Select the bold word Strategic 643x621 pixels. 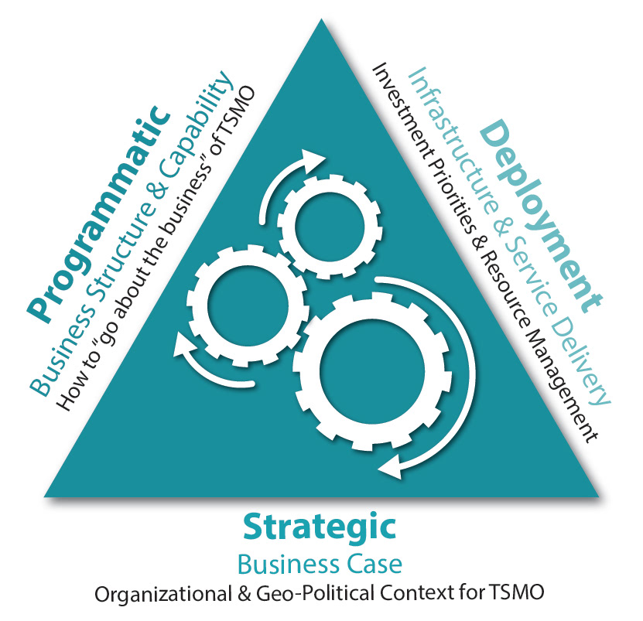[320, 527]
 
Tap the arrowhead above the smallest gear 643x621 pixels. [314, 158]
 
